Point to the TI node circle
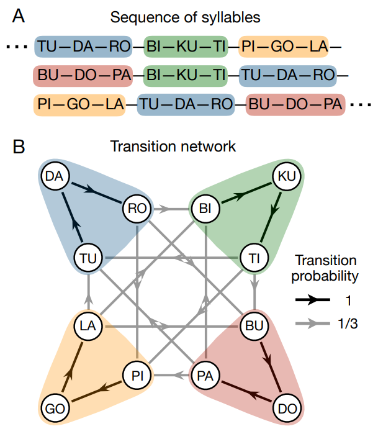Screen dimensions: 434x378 pos(253,256)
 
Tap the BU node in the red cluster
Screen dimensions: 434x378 pos(253,325)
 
